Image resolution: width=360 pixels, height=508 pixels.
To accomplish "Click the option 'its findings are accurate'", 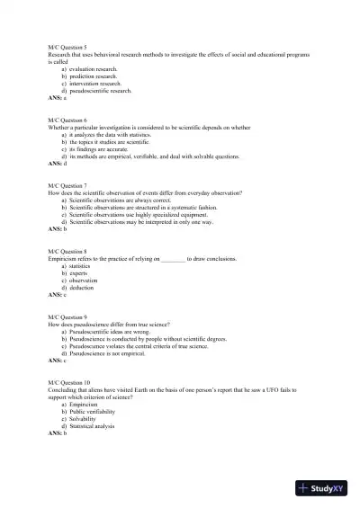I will click(102, 149).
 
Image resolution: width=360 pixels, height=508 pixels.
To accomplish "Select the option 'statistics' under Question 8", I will click(79, 266).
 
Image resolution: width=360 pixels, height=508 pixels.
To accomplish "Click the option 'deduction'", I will click(80, 288).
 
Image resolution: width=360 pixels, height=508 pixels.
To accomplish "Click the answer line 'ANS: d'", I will click(58, 164).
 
